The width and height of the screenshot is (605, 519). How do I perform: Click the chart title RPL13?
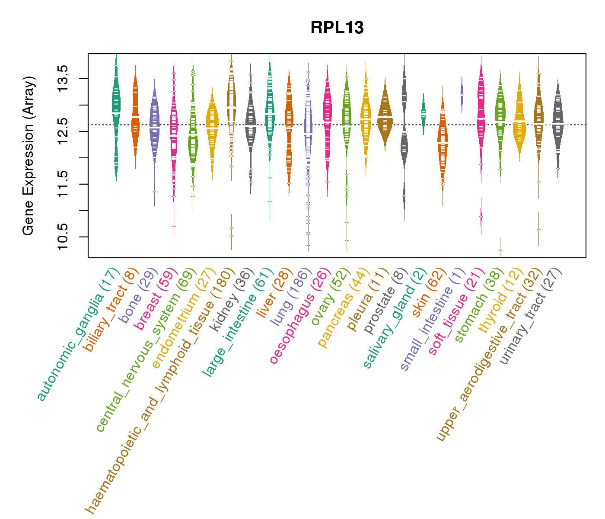coord(337,28)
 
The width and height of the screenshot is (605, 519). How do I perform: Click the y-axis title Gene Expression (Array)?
coord(29,156)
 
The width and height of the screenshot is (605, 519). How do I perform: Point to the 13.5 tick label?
coord(63,79)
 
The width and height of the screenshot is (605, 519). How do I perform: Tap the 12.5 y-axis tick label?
coord(63,131)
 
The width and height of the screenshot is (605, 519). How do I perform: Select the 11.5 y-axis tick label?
coord(63,184)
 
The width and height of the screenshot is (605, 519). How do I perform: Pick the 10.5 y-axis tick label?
coord(63,237)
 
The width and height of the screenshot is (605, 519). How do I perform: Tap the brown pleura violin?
coord(385,115)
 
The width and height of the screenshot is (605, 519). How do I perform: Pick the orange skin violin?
coord(442,147)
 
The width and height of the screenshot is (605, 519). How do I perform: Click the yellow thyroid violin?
coord(519,121)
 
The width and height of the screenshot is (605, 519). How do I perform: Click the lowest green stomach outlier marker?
coord(500,250)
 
